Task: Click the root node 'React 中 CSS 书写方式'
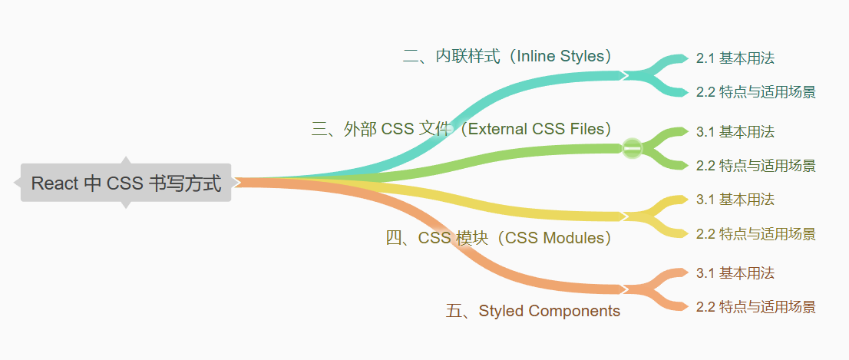pos(126,183)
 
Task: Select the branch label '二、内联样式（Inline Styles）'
pos(508,56)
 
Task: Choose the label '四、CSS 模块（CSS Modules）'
pos(499,238)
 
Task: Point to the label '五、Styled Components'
pos(533,311)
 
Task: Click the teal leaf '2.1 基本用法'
pos(735,58)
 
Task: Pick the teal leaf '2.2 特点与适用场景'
pos(755,92)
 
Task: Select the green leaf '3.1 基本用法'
pos(735,132)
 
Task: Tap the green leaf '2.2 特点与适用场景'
pos(755,165)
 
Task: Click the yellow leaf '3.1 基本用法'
pos(735,200)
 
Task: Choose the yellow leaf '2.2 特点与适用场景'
pos(755,234)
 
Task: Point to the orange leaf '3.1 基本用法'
pos(735,273)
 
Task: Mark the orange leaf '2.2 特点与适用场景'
pos(755,307)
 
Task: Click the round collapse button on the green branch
pos(632,147)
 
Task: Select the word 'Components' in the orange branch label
pos(574,311)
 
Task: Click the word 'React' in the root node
pos(55,183)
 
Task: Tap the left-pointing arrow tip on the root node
pos(17,183)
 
